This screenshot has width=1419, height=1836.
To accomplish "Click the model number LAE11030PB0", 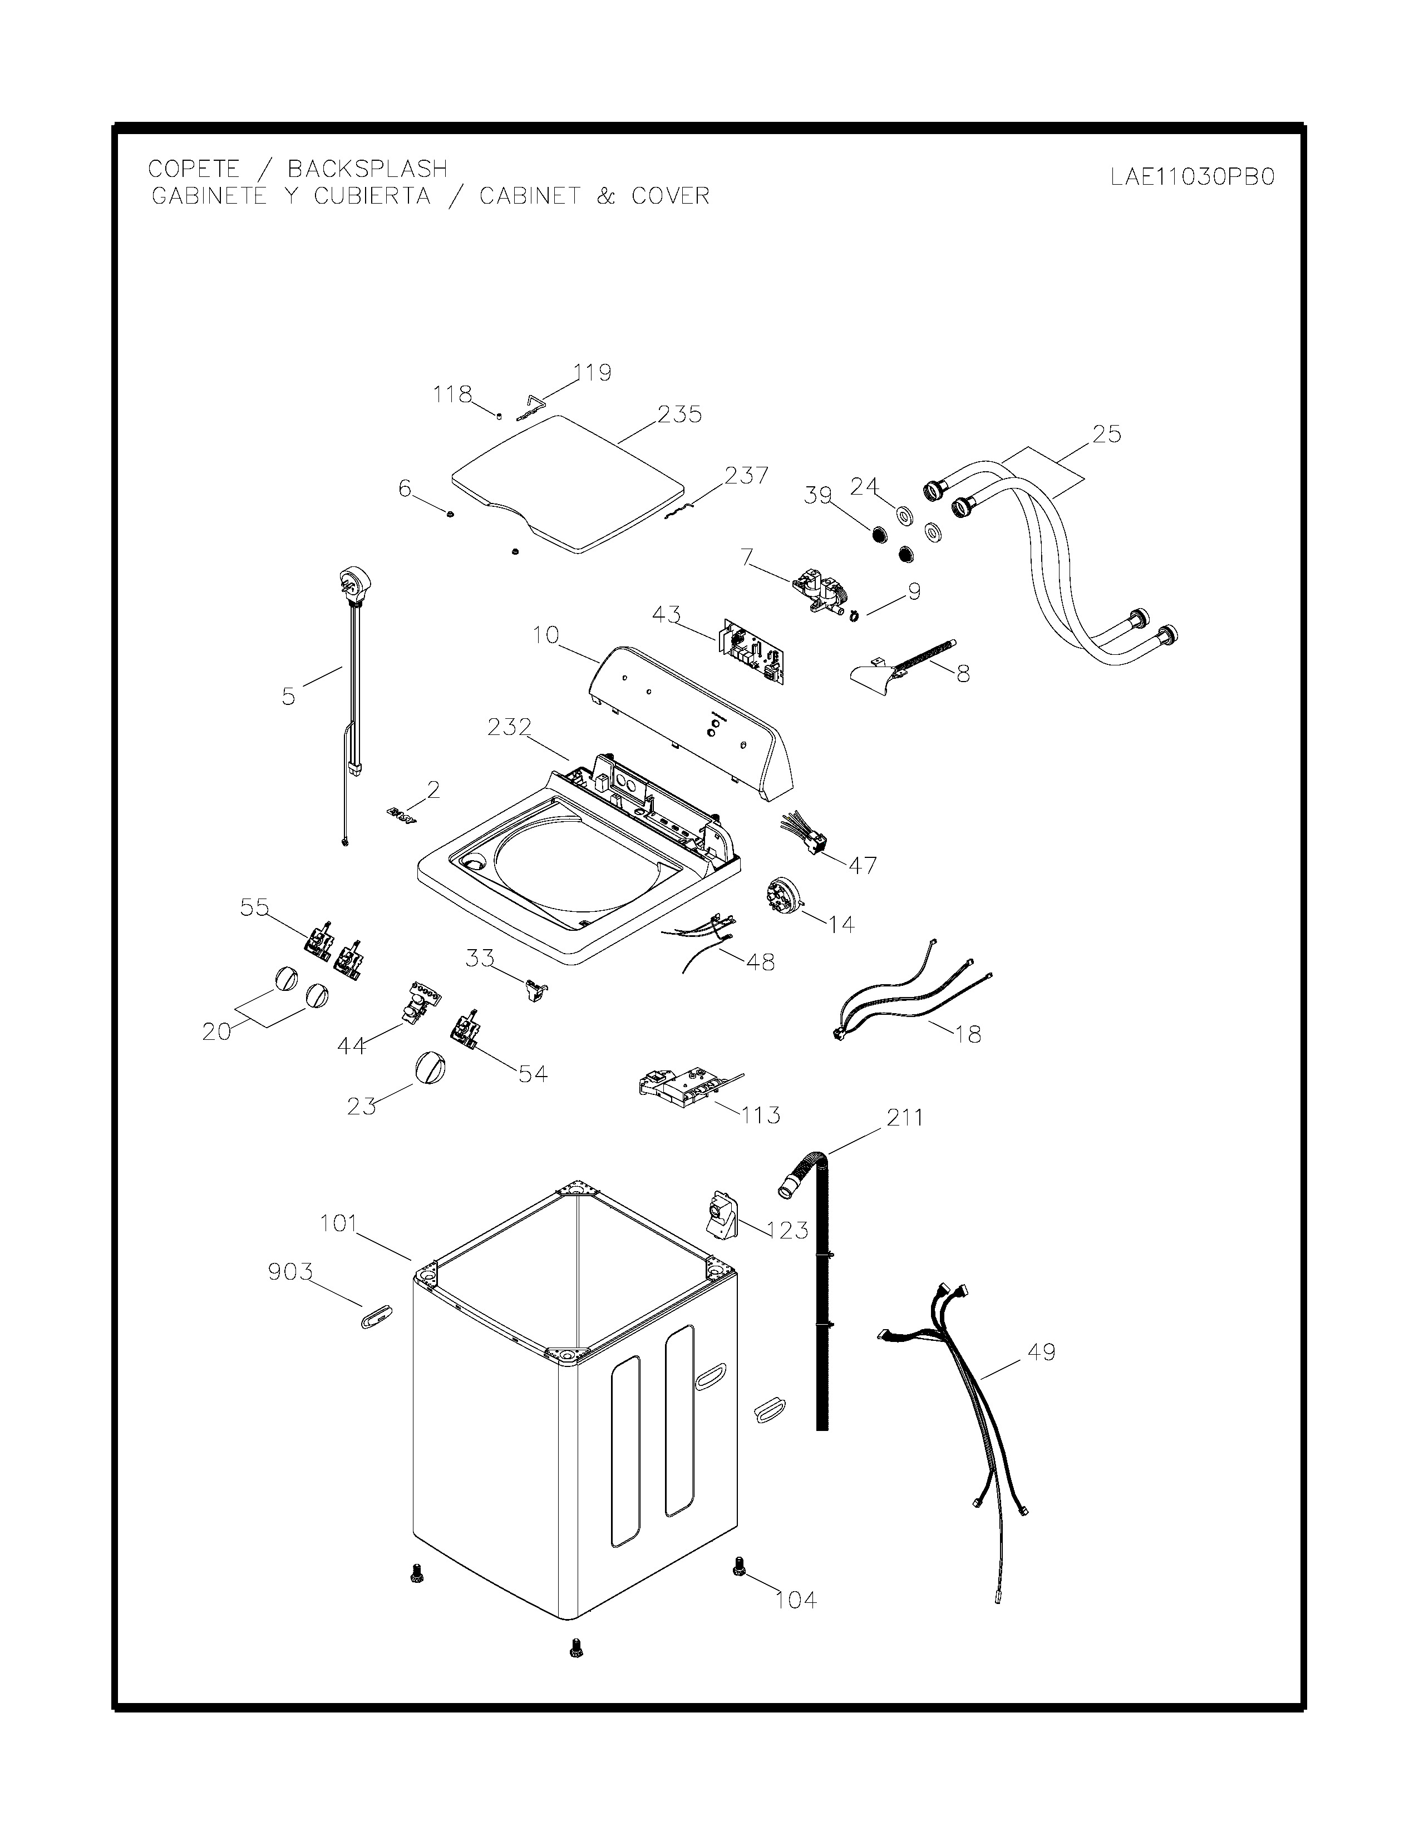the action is coord(1191,178).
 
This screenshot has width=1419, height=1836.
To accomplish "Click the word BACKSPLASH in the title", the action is coord(367,169).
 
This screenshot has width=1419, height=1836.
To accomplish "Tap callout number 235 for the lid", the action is coord(679,414).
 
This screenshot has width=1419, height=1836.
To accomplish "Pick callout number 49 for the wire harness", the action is coord(1042,1353).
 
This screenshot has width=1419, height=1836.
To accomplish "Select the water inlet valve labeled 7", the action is coord(820,589).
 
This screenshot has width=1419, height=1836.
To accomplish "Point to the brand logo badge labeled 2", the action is coord(402,816).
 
